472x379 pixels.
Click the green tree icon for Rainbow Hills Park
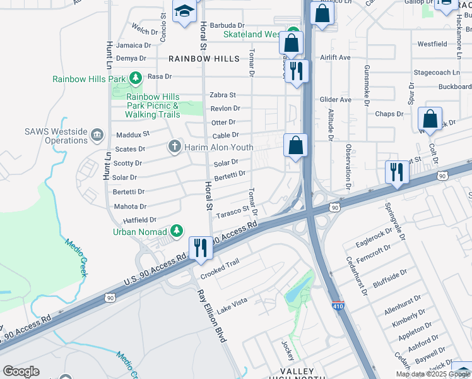(135, 78)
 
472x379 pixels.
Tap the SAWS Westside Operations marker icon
(97, 134)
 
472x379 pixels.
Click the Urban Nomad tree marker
(178, 231)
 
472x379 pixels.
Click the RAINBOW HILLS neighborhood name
(204, 59)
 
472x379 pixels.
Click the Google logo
(21, 371)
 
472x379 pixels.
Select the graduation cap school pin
(185, 12)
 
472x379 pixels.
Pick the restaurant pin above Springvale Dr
(396, 172)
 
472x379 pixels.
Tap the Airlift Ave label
(335, 57)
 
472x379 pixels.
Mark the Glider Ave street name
(335, 100)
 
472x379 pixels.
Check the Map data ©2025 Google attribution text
(433, 374)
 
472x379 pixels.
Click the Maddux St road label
(133, 134)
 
